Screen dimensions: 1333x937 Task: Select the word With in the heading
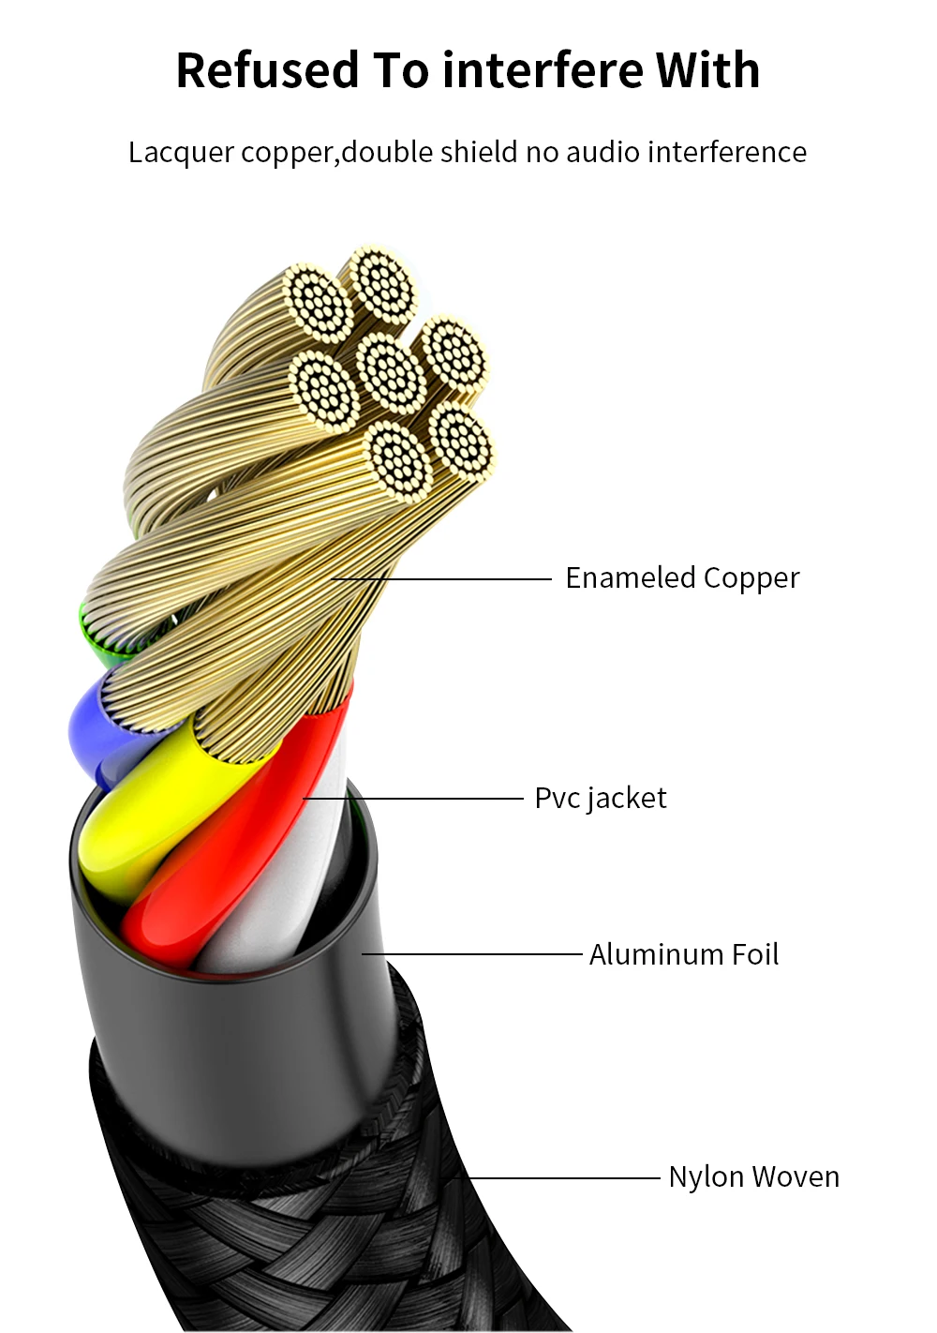click(707, 70)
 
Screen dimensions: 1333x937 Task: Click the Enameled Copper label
click(682, 578)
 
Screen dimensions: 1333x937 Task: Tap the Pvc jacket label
click(601, 799)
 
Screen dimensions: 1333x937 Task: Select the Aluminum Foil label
click(684, 954)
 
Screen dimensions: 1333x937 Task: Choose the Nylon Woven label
click(753, 1176)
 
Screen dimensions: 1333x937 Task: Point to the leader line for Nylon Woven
click(562, 1177)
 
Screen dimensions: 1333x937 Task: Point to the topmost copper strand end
click(381, 282)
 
